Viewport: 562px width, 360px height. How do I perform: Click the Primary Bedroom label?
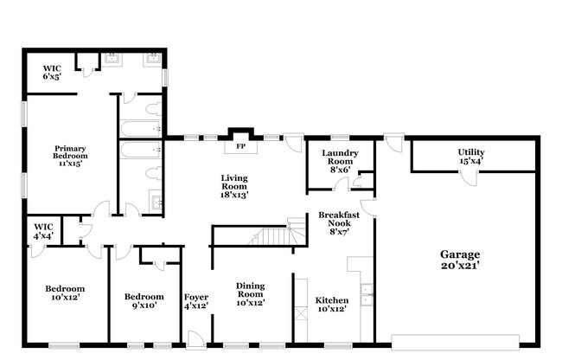(x=71, y=155)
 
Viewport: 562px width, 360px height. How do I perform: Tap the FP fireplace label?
(x=241, y=146)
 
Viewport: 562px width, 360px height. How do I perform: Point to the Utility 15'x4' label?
(x=470, y=156)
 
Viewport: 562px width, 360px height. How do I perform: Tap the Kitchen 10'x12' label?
(x=331, y=305)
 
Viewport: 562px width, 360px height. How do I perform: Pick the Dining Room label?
(x=250, y=293)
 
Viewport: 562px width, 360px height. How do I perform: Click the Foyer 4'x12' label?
(x=195, y=301)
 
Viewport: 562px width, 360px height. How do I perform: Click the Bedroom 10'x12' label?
(x=66, y=293)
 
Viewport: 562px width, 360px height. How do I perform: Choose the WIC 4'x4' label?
(x=43, y=230)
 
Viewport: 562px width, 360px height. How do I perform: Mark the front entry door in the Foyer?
(x=196, y=339)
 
